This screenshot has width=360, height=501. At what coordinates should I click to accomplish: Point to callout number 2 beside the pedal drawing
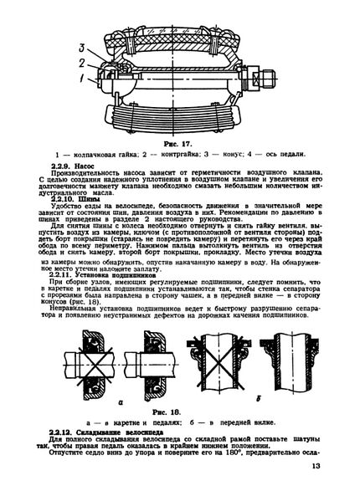click(x=82, y=63)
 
